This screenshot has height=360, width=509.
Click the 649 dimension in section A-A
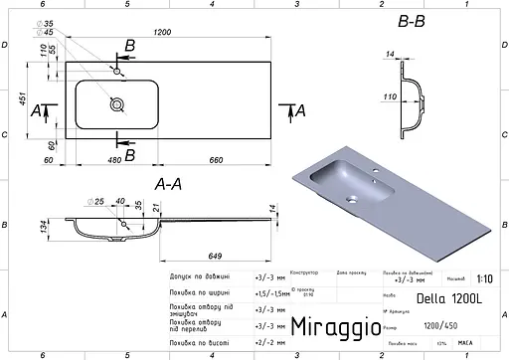tap(202, 256)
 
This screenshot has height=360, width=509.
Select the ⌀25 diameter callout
tap(96, 203)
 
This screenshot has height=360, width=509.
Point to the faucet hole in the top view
tap(118, 72)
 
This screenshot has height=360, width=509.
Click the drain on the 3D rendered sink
tap(351, 198)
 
